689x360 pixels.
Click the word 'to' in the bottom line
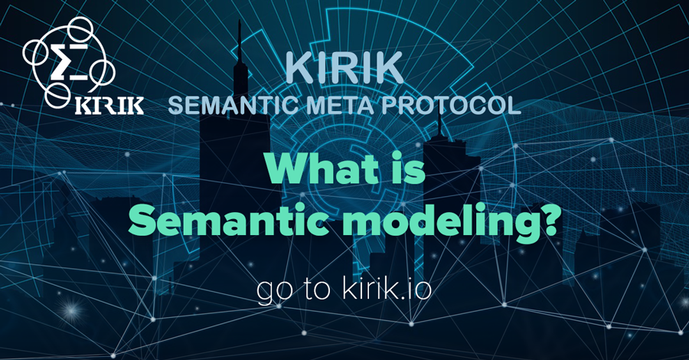(315, 292)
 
